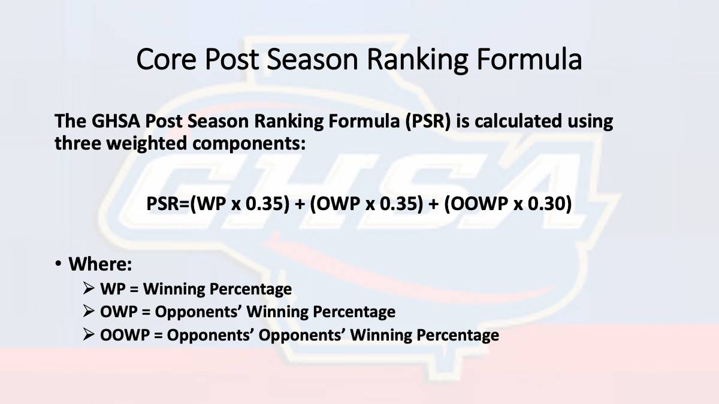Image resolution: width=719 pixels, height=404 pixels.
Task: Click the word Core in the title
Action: (x=166, y=59)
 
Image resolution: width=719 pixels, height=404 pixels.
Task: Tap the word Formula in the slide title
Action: (x=529, y=59)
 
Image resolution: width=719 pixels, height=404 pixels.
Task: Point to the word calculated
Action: (x=518, y=121)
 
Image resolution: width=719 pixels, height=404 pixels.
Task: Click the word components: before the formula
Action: (x=249, y=143)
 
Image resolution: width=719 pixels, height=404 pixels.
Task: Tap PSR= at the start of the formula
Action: (x=168, y=203)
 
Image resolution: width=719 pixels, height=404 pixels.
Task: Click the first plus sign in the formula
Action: (x=300, y=204)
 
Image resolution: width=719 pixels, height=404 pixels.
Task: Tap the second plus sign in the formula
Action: (x=433, y=204)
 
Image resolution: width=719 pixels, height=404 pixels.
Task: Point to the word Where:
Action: (x=100, y=264)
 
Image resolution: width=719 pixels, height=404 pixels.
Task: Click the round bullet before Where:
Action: (x=58, y=263)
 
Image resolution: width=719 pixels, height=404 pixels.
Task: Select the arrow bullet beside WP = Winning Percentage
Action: (x=88, y=288)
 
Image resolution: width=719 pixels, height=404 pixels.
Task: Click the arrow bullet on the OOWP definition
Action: (x=88, y=335)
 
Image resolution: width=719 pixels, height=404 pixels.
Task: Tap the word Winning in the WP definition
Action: (x=174, y=289)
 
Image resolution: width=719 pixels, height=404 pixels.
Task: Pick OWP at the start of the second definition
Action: (x=119, y=312)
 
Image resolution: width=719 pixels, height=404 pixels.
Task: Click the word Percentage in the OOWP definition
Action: (x=458, y=336)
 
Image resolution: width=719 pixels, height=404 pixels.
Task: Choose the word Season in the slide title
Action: (x=312, y=59)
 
